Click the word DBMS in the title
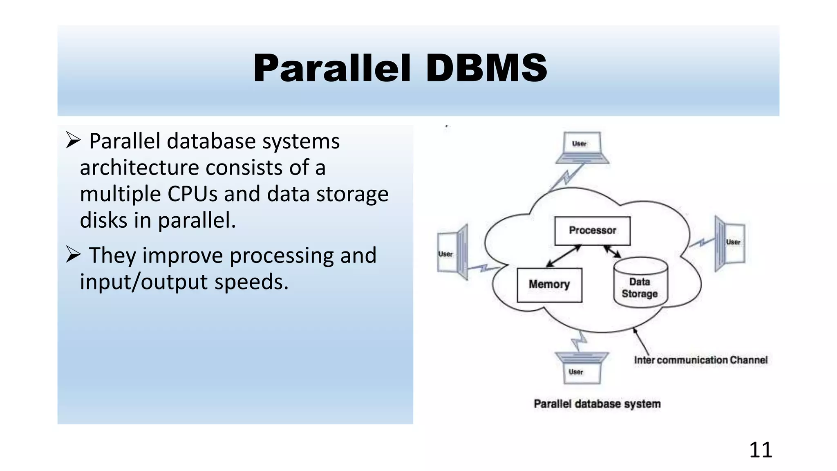[x=486, y=68]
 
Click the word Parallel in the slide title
[x=331, y=68]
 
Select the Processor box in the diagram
[x=592, y=231]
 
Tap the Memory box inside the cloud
[x=549, y=285]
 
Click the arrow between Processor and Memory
[x=564, y=256]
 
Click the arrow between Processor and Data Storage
[x=612, y=251]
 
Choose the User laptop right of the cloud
[x=730, y=243]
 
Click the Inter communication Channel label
[x=700, y=360]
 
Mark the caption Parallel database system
[x=597, y=404]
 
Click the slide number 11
[x=760, y=450]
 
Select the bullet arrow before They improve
[x=73, y=255]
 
